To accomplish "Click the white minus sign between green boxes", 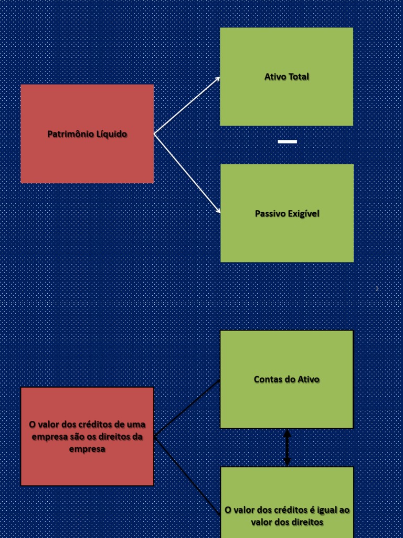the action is (287, 142).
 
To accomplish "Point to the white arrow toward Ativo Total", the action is (187, 105).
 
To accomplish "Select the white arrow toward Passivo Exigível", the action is (187, 173).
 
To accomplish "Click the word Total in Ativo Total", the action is (299, 77).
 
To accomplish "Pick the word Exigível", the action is (303, 214).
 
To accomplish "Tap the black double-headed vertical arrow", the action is (287, 448).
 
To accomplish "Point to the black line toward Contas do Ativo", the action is (187, 408).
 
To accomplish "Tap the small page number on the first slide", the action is (377, 288).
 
